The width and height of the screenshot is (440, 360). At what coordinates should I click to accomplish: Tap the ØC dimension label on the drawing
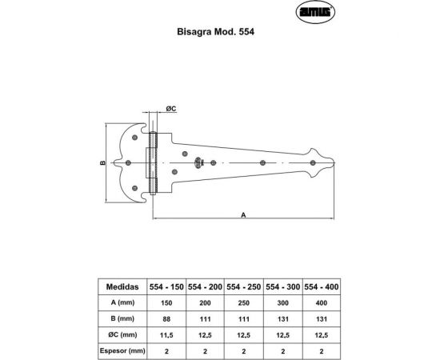[170, 107]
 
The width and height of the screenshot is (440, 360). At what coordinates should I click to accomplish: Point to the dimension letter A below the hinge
[242, 214]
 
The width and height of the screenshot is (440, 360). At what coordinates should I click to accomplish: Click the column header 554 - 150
[166, 286]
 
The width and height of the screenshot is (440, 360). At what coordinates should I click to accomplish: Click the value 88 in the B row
[166, 318]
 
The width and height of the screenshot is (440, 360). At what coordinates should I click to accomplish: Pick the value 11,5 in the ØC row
[166, 334]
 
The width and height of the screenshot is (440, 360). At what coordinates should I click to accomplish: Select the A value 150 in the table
[166, 302]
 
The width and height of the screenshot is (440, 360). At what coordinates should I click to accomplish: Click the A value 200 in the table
[206, 302]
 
